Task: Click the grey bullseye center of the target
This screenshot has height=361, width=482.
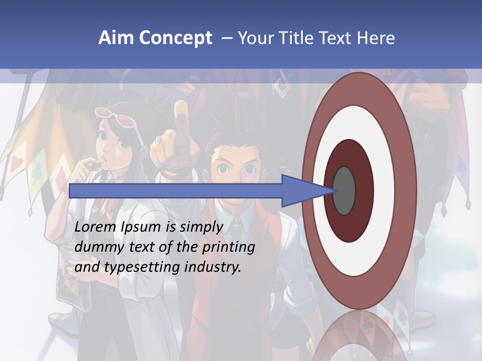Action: (x=344, y=191)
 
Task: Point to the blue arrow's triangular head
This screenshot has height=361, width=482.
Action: (x=304, y=191)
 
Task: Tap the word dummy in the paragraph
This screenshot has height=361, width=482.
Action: (x=96, y=247)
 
